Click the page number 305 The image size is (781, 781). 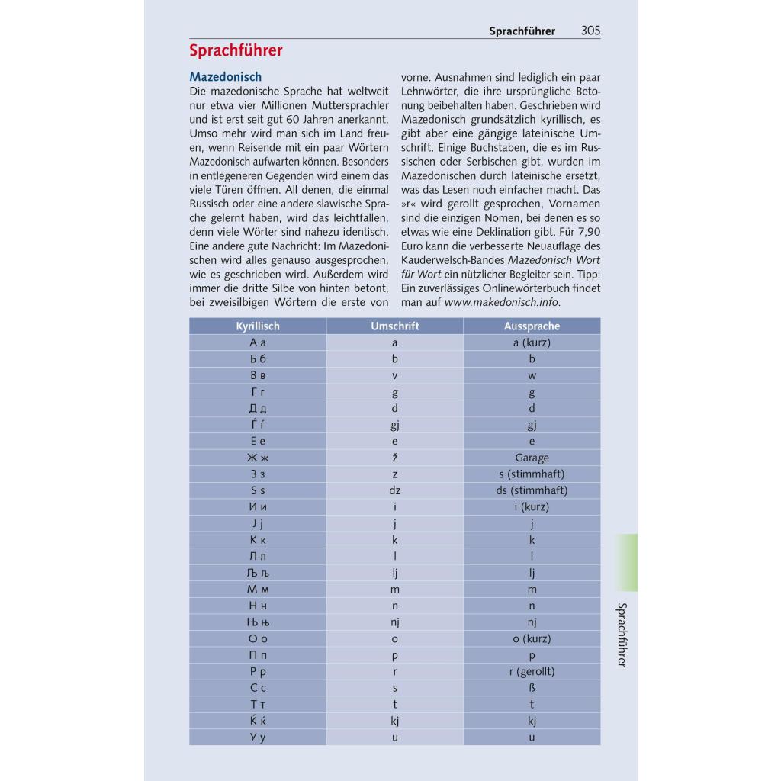[x=590, y=31]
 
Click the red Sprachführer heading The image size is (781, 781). [x=236, y=51]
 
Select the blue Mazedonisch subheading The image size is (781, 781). [x=225, y=77]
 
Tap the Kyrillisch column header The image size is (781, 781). [x=258, y=326]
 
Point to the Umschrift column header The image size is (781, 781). [x=394, y=326]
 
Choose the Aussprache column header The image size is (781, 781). [x=532, y=326]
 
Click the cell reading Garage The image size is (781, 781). [x=532, y=458]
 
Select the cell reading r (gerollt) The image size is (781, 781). [x=532, y=672]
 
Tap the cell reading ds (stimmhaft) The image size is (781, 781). [x=532, y=490]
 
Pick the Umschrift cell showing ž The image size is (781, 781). [x=395, y=458]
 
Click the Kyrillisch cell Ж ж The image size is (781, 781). [x=258, y=458]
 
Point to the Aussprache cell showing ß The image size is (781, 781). [x=532, y=688]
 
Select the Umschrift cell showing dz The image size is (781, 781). [x=395, y=490]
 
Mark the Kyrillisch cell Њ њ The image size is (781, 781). [x=258, y=622]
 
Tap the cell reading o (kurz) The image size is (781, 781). [x=532, y=639]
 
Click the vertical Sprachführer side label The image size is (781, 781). [x=622, y=635]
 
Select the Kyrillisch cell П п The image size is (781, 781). [x=258, y=655]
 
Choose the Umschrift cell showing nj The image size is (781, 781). [x=395, y=622]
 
